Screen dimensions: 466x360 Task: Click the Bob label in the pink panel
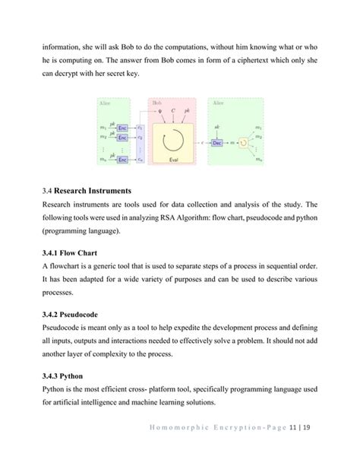point(157,102)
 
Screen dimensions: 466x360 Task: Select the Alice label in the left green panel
point(105,102)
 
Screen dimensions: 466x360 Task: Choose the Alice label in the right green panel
point(216,102)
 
